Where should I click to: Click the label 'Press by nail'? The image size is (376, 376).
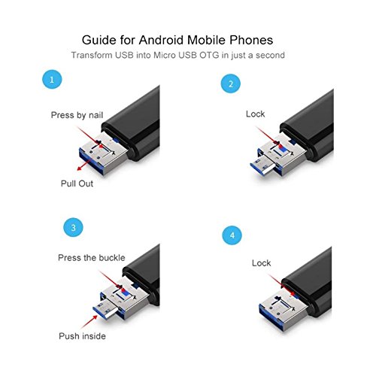click(x=77, y=116)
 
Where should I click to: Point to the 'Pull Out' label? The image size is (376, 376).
click(x=77, y=183)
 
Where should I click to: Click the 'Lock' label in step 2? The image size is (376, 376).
click(x=256, y=114)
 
